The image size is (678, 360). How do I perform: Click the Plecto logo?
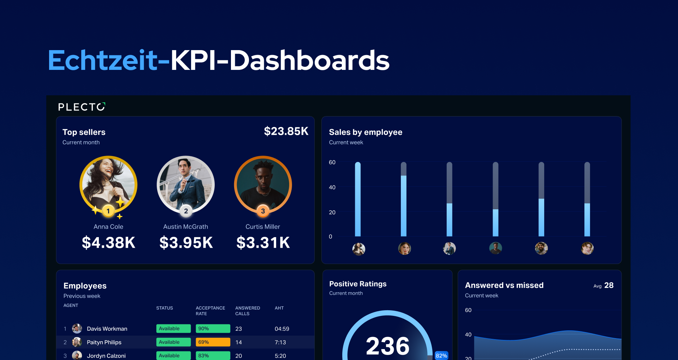82,107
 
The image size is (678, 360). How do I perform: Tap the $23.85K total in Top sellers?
286,131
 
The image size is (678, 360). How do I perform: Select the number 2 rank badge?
186,211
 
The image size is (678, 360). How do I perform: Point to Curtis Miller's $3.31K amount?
263,243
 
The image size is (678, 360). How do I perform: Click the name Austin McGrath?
185,227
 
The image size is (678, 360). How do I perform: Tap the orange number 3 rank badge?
263,211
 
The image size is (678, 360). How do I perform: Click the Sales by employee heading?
365,132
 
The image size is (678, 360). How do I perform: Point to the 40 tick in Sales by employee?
332,187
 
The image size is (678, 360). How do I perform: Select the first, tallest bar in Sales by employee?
358,199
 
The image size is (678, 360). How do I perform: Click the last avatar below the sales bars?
587,248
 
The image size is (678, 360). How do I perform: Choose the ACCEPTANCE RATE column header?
210,311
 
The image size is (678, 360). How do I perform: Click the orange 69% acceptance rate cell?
213,342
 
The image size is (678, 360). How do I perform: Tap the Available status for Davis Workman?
173,329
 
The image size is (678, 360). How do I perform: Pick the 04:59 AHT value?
282,329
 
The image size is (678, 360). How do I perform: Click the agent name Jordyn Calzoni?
106,356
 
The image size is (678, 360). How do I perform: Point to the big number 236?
388,346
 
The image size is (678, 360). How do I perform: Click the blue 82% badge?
441,355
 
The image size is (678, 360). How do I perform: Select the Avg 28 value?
608,286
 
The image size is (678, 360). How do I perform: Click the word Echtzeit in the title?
102,60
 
